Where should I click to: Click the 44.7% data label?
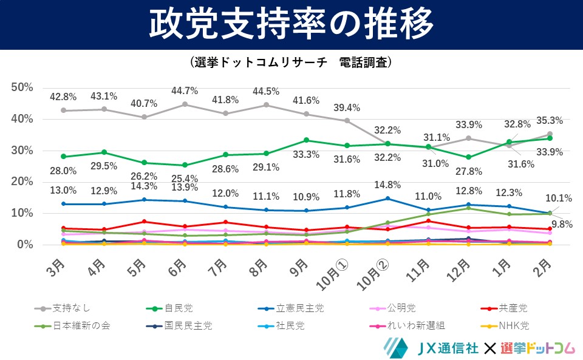185,91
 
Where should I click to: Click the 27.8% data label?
468,172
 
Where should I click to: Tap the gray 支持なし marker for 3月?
63,110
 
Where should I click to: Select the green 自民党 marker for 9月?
306,140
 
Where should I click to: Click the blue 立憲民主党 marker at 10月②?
387,199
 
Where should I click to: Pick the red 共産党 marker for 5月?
144,222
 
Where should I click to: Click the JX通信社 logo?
428,347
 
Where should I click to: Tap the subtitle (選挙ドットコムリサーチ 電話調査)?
291,63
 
